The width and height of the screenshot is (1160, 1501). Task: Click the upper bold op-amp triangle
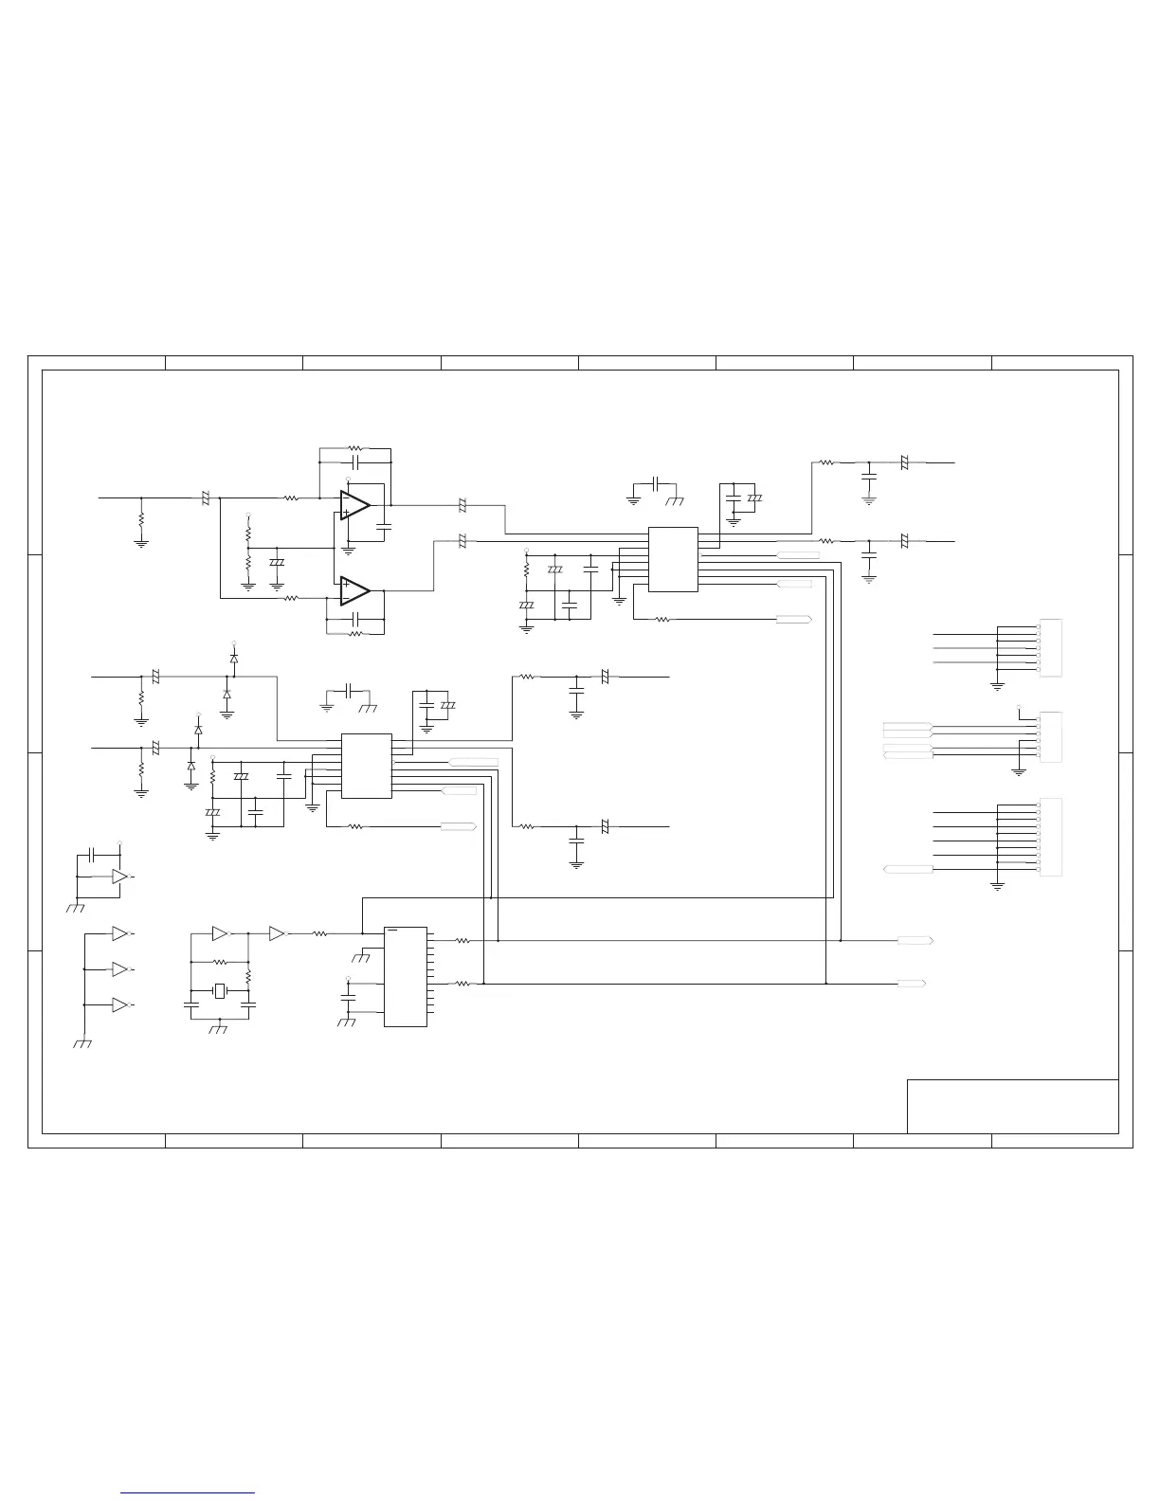tap(354, 505)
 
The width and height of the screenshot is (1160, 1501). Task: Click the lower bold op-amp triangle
tap(354, 590)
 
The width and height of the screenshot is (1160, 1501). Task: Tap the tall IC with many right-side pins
tap(405, 976)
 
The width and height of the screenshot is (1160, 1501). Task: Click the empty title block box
tap(1012, 1106)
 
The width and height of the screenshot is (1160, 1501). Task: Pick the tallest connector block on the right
tap(1051, 838)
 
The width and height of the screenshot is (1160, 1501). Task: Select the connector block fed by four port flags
tap(1051, 736)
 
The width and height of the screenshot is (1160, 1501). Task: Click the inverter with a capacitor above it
tap(119, 877)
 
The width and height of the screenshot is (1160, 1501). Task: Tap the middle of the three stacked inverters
tap(119, 969)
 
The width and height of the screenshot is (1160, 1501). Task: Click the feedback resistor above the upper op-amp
tap(355, 448)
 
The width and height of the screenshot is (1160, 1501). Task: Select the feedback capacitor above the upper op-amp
tap(355, 462)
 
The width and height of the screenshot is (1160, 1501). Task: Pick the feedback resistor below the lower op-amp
tap(355, 632)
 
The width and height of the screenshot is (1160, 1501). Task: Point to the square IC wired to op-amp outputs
tap(673, 559)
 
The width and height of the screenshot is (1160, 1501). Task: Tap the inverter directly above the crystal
tap(220, 933)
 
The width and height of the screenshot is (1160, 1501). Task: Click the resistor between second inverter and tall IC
tap(320, 933)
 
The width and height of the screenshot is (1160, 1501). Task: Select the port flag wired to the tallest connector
tap(907, 869)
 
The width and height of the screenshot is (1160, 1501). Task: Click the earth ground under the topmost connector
tap(997, 684)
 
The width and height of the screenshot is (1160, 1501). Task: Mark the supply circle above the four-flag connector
tap(1019, 707)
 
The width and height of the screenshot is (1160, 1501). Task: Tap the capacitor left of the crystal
tap(191, 1002)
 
